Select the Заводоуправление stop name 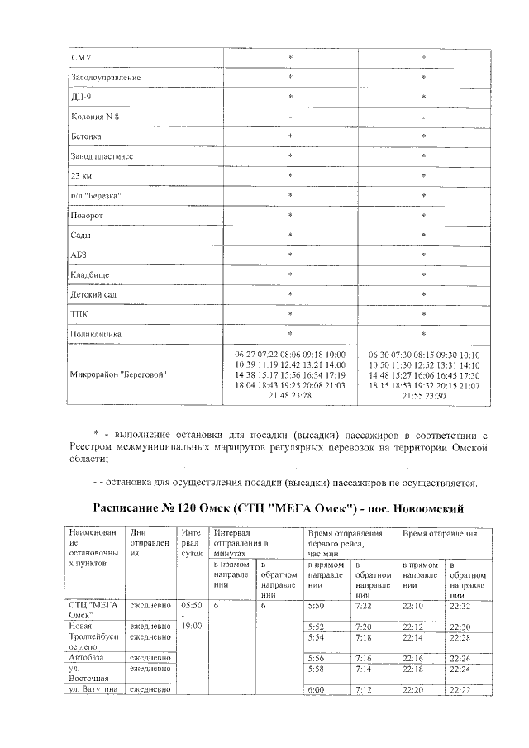[107, 77]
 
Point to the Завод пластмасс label [103, 156]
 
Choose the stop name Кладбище [91, 274]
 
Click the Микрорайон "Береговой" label [120, 374]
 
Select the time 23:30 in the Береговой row [435, 396]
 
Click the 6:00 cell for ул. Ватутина [316, 690]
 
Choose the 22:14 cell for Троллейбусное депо [411, 637]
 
